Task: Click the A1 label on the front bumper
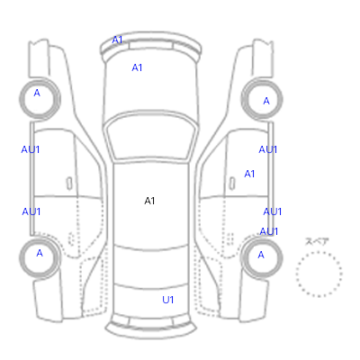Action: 117,40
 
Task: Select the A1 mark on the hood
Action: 137,67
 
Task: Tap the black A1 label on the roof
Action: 149,201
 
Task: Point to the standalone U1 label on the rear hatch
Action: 168,300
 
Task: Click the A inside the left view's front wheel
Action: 37,93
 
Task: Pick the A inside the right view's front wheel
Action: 266,101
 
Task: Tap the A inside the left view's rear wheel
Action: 40,253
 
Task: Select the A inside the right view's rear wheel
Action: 261,255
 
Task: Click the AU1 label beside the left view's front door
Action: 31,149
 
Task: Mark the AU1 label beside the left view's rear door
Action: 31,211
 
